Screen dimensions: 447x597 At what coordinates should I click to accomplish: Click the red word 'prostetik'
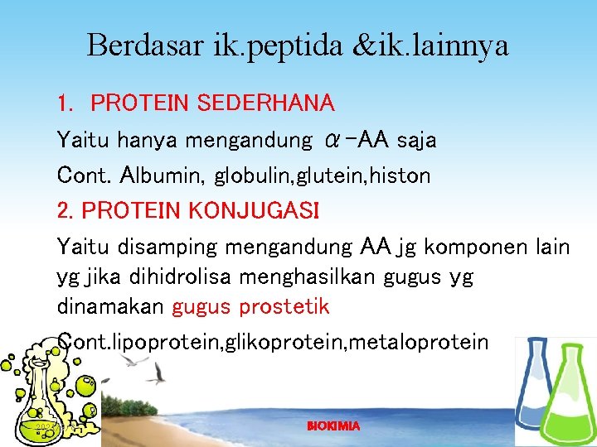(x=284, y=307)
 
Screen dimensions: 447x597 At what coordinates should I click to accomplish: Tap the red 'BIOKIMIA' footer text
(x=333, y=425)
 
